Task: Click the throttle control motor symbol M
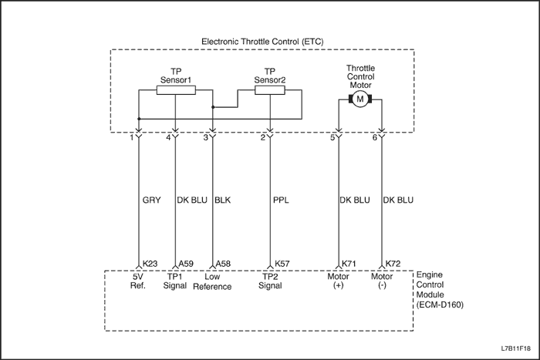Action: (x=359, y=99)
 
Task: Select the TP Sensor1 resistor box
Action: (x=176, y=90)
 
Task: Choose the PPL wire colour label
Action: (x=281, y=200)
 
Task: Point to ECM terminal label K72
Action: (x=393, y=263)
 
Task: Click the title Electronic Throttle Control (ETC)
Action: (x=262, y=40)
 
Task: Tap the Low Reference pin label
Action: (x=212, y=281)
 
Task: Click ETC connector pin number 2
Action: (x=264, y=137)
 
